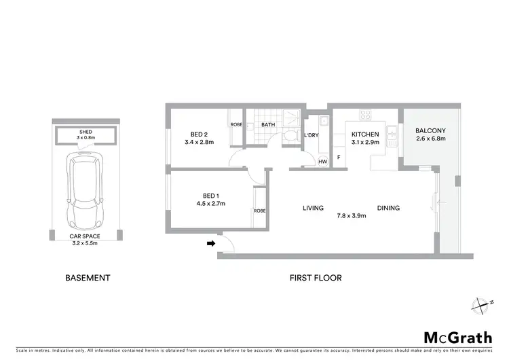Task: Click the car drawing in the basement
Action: [x=86, y=192]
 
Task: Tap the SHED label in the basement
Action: [x=86, y=131]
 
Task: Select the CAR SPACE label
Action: [x=86, y=236]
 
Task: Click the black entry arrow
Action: [x=211, y=242]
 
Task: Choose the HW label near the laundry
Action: [x=322, y=161]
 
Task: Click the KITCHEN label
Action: [x=364, y=134]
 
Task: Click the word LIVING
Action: [x=313, y=209]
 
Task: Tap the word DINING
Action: [x=388, y=209]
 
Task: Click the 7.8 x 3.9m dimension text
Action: [x=351, y=216]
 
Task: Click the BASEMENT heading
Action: [x=87, y=278]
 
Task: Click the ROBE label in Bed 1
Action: [x=260, y=211]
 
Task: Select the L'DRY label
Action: [x=312, y=135]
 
